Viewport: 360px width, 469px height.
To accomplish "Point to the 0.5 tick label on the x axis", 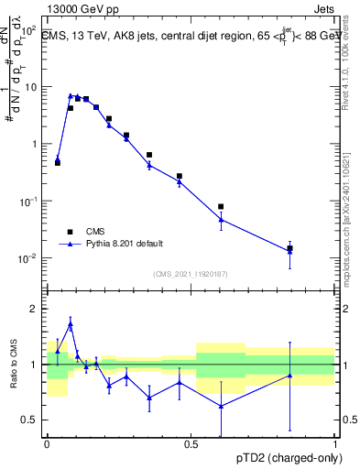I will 191,443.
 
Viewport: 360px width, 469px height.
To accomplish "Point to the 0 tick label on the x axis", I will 47,443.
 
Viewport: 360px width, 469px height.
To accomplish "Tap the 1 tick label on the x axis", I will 334,443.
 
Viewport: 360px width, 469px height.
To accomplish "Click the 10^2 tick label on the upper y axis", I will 29,30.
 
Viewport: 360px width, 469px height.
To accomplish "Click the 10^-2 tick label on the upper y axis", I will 29,258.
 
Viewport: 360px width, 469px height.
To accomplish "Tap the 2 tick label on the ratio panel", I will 37,309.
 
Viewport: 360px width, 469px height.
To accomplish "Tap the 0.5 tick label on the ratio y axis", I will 33,420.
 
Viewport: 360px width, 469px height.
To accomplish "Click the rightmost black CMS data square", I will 289,248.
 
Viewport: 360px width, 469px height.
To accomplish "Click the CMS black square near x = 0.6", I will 221,207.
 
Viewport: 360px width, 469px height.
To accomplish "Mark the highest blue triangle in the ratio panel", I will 71,324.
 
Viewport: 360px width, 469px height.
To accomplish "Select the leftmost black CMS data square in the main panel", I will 58,162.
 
